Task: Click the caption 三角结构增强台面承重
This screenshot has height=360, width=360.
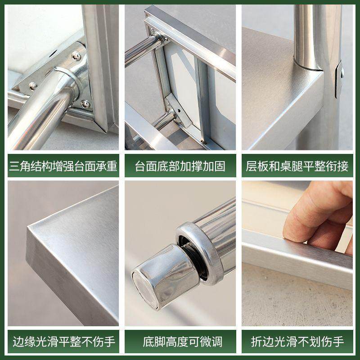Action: click(63, 166)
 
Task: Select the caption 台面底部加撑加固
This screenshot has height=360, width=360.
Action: click(180, 166)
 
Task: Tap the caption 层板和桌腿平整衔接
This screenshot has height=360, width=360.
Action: click(297, 166)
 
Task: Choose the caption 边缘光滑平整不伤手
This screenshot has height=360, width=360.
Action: click(63, 341)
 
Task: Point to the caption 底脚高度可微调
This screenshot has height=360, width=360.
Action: click(180, 341)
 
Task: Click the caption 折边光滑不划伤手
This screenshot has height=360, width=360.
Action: click(297, 341)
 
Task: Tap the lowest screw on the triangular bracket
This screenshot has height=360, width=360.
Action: click(84, 104)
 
